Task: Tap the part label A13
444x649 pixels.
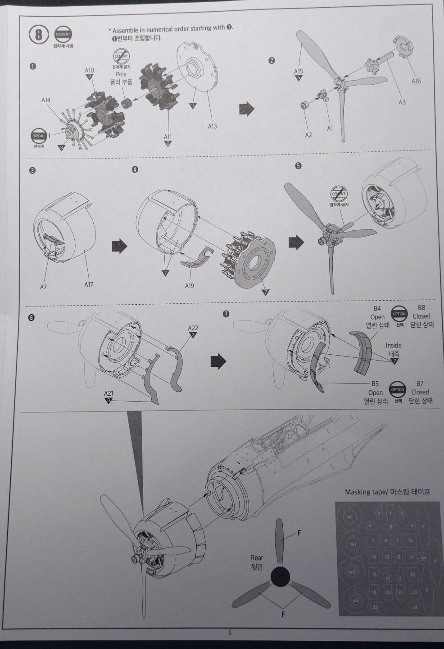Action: tap(212, 126)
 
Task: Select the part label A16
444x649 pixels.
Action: tap(416, 81)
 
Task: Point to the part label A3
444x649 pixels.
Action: tap(402, 102)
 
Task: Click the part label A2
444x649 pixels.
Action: tap(308, 135)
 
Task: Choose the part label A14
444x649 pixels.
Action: tap(46, 100)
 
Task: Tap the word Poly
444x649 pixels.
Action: tap(121, 74)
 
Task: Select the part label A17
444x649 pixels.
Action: tap(88, 284)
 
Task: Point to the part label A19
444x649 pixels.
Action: tap(190, 285)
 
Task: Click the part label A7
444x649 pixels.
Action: tap(43, 287)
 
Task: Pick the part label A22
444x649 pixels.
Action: tap(193, 328)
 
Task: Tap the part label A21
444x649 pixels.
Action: tap(109, 393)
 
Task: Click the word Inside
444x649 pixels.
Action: tap(394, 346)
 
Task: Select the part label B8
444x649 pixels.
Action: tap(421, 308)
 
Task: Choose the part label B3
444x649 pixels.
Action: tap(375, 384)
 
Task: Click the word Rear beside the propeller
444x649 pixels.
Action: tap(257, 558)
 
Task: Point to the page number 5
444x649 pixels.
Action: tap(230, 632)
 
